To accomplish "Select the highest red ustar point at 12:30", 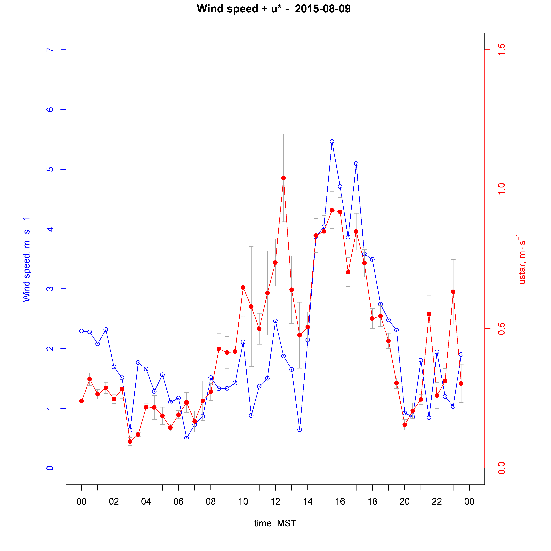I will click(x=283, y=178).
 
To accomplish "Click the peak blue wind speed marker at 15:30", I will click(x=332, y=141).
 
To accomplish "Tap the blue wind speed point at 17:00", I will click(x=356, y=164).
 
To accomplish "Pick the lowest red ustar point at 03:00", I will click(x=130, y=441).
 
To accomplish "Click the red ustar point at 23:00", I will click(x=453, y=292).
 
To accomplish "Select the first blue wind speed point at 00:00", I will click(x=82, y=331).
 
